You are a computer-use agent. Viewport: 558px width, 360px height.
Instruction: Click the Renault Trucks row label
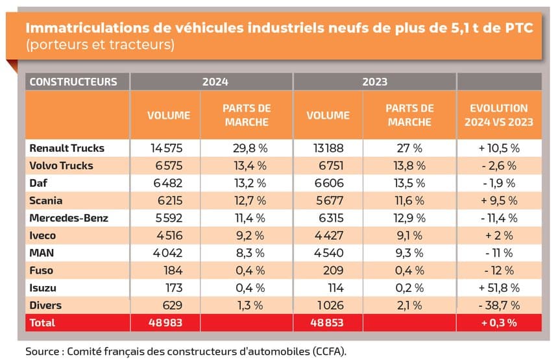[67, 148]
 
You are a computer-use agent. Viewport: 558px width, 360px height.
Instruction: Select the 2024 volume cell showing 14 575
[169, 148]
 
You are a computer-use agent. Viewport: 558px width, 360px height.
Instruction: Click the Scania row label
[46, 200]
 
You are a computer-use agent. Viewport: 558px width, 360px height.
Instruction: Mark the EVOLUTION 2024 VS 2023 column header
[499, 115]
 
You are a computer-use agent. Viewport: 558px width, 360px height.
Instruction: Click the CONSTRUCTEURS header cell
[73, 82]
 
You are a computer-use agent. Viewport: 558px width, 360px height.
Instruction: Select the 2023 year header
[375, 82]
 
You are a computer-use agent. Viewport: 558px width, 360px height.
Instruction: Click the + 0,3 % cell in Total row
[499, 322]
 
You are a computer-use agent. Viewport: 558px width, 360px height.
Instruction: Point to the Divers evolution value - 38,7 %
[499, 304]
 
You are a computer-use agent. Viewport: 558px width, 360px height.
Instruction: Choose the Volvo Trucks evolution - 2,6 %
[499, 165]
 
